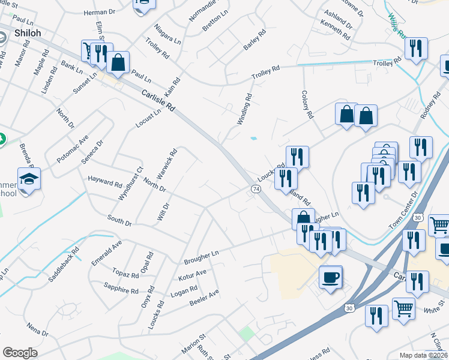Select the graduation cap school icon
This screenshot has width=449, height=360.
point(28,179)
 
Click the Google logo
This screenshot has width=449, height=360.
point(20,353)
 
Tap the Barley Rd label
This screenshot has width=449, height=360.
point(255,41)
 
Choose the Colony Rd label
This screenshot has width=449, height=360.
point(307,104)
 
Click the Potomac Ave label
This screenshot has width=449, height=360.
point(72,149)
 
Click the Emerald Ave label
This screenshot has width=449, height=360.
point(107,253)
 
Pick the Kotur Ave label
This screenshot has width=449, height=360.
point(192,275)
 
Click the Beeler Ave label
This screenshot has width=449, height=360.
point(204,298)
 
